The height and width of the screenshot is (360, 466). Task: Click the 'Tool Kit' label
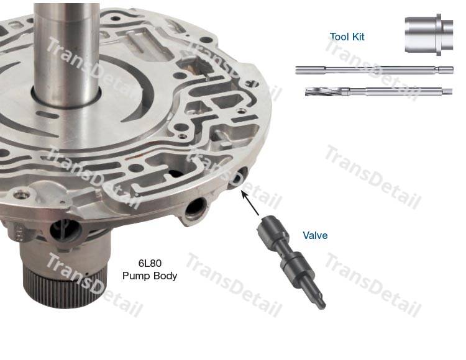(347, 37)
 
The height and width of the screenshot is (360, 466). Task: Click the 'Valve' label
(315, 235)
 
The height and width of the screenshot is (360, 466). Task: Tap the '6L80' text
(150, 263)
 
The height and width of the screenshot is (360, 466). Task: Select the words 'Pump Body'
(150, 276)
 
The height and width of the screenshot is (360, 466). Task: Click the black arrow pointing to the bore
(250, 204)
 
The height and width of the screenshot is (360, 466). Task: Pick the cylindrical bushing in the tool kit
(429, 34)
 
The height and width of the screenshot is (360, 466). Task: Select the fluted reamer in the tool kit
(378, 91)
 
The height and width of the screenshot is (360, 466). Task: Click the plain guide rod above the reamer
(374, 70)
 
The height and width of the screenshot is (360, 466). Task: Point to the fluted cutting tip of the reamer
(322, 91)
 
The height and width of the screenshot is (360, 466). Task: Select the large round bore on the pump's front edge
(194, 210)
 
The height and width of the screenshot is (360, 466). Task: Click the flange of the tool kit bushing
(439, 34)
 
